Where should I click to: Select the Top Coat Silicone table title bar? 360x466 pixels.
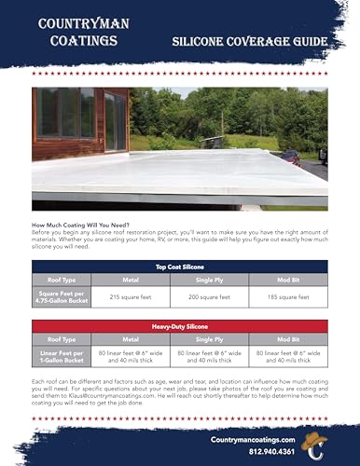tap(180, 266)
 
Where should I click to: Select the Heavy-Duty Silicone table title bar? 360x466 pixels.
tap(180, 328)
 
